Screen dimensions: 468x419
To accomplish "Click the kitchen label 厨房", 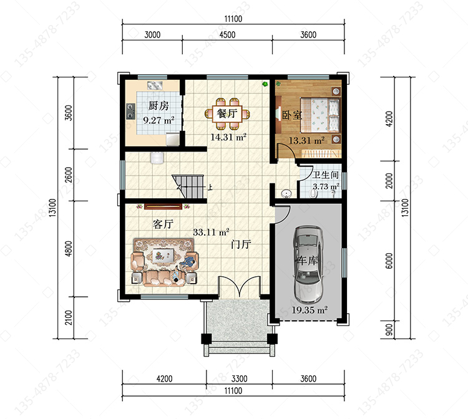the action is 158,105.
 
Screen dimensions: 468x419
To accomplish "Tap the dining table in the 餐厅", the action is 227,113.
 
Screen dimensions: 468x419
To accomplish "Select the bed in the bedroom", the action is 320,115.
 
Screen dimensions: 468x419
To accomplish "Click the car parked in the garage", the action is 308,264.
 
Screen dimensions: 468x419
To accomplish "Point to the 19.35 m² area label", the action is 310,310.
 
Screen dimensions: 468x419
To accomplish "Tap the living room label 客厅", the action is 163,224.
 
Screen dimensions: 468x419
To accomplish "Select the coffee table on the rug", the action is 163,256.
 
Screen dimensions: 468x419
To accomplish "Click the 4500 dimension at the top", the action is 227,35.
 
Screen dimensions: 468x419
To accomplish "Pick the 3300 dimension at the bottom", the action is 240,378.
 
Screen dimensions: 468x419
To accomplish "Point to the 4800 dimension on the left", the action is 69,249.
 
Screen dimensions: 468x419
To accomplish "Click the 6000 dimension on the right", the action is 389,261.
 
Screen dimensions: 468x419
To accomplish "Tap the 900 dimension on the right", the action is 389,330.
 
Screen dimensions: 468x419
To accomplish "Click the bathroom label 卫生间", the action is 325,175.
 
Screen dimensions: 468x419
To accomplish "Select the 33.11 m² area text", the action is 211,232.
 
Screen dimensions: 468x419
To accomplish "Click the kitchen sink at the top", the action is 155,85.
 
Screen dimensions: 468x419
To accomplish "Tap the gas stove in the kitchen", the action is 130,111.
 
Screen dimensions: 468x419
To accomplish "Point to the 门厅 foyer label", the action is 241,244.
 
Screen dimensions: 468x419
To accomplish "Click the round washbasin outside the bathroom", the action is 286,193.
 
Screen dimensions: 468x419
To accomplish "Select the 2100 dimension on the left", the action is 69,317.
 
